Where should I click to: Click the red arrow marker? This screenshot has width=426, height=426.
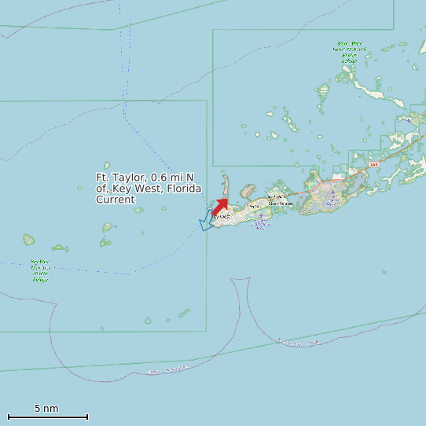coord(221,207)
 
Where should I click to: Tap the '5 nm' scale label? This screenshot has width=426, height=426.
coord(46,409)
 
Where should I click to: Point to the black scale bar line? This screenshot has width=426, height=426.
coord(47,417)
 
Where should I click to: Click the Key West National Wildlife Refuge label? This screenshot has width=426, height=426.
coord(39,270)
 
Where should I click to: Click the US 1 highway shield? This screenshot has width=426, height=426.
coord(373,164)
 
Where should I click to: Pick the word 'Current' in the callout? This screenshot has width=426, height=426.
coord(116,200)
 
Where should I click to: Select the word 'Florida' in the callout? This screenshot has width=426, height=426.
coord(184,189)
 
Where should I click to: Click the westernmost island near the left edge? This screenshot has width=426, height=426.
coord(29,239)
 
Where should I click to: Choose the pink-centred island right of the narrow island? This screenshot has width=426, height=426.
coord(247,190)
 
